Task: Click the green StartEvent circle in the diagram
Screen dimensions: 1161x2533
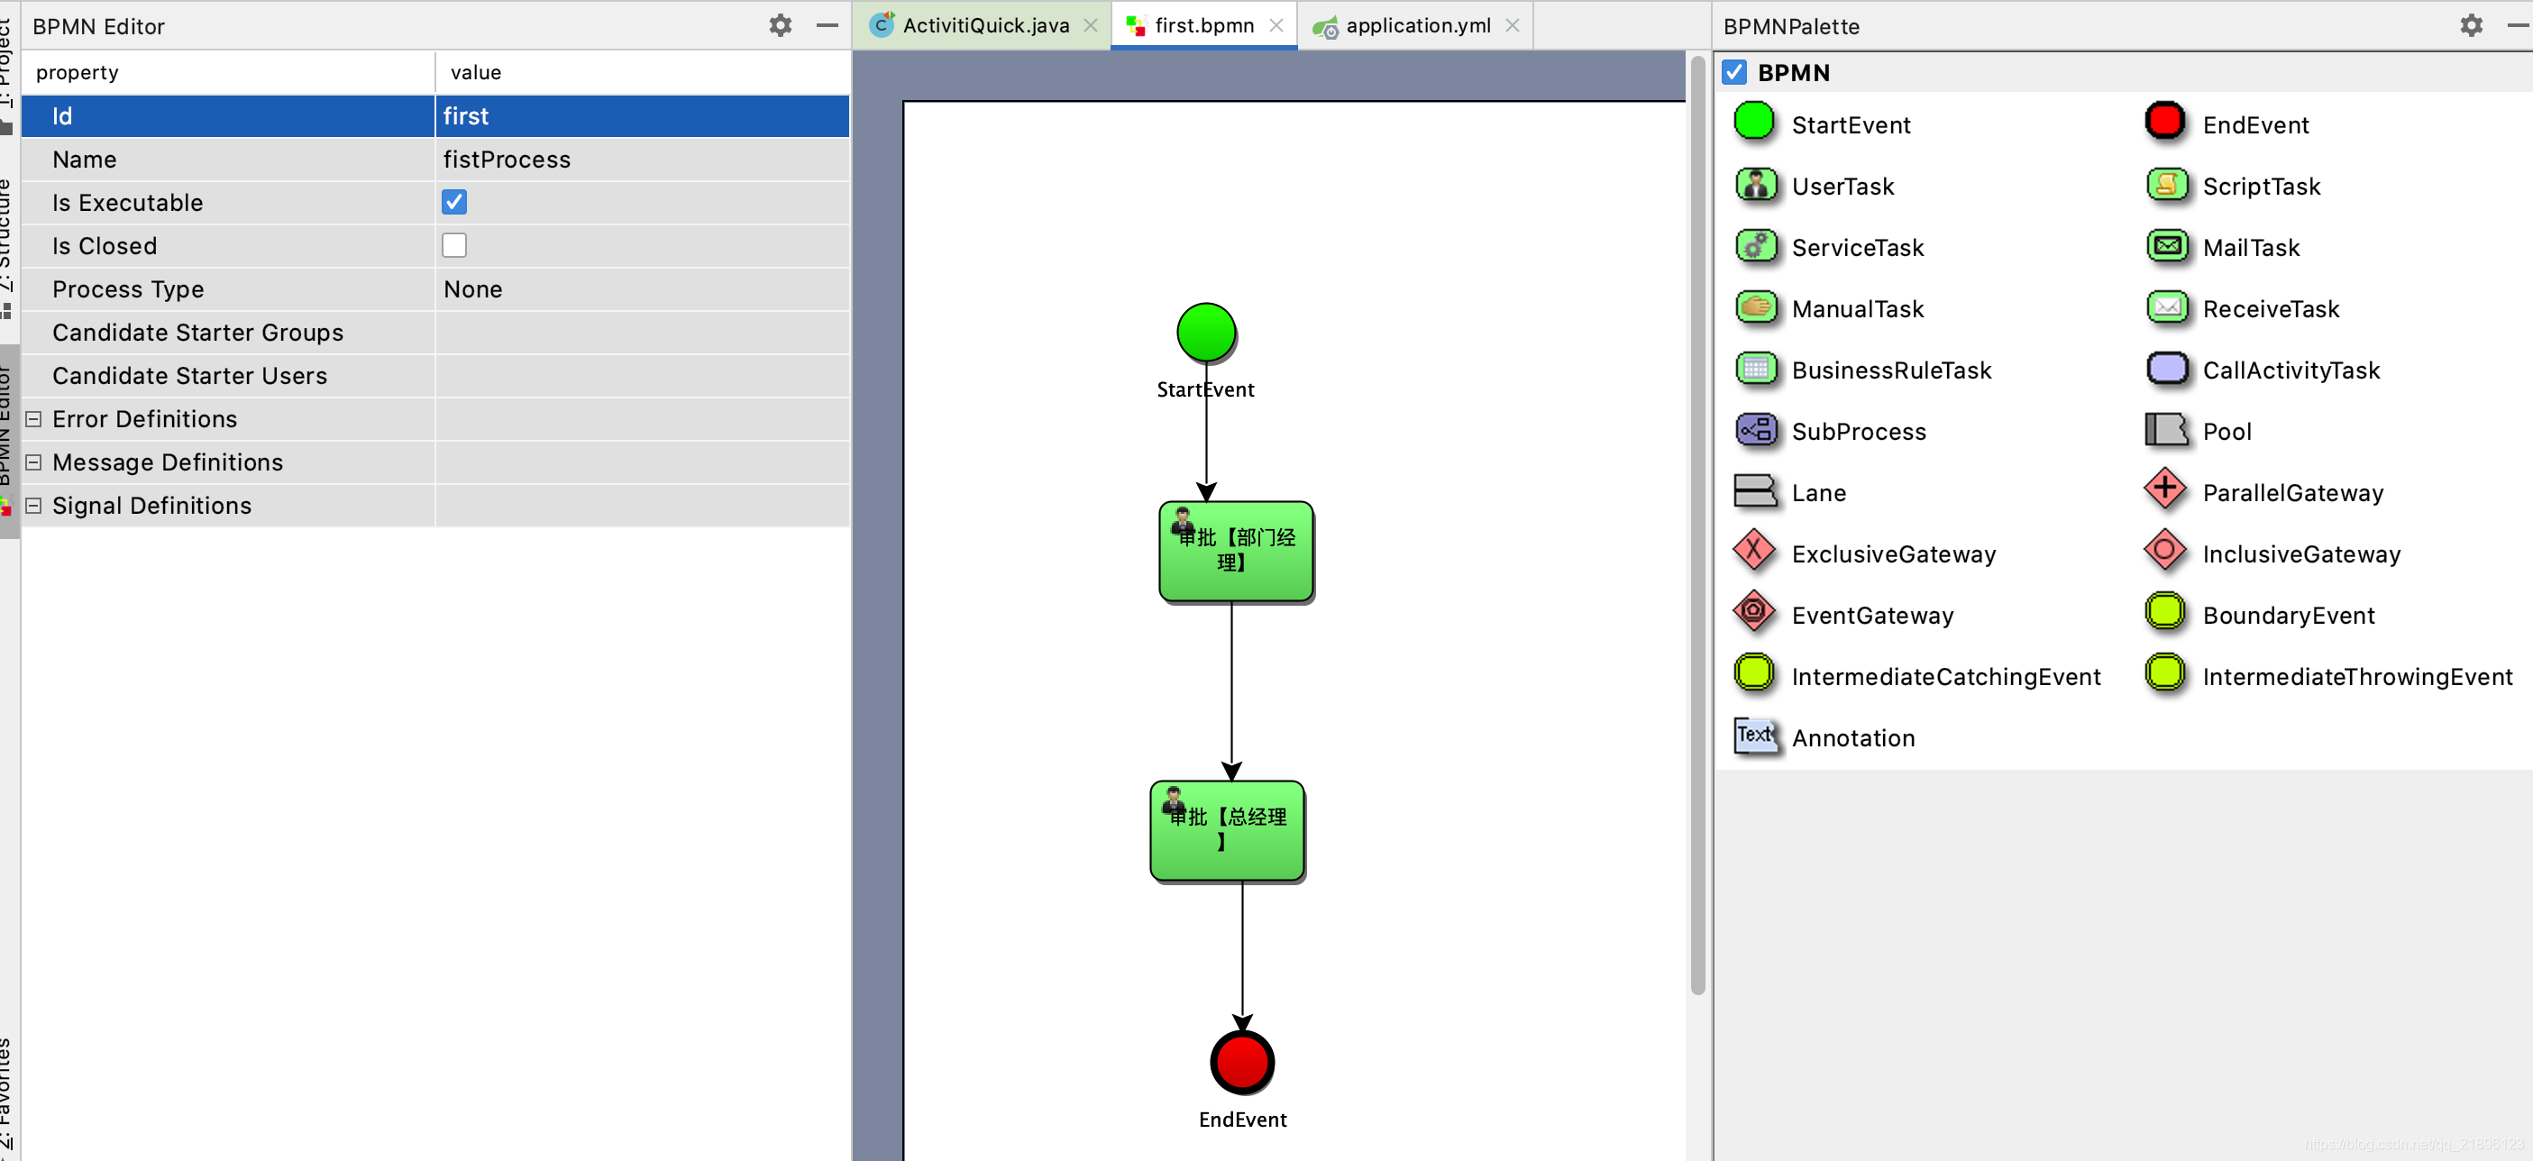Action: [x=1205, y=333]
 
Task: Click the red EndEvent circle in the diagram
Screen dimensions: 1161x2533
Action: [x=1242, y=1062]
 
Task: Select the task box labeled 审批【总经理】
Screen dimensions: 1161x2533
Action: [x=1227, y=832]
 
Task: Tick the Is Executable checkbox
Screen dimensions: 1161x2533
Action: [x=453, y=203]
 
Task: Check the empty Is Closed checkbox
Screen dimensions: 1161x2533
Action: [x=453, y=246]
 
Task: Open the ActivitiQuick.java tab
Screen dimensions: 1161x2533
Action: [x=984, y=25]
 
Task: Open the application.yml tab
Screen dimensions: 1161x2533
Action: [x=1417, y=25]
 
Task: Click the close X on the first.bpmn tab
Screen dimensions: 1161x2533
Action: [x=1276, y=25]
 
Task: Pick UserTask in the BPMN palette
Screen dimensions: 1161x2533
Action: [x=1842, y=186]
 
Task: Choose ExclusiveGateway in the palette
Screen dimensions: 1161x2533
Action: [x=1893, y=553]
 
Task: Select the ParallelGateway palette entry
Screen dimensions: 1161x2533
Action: [x=2291, y=492]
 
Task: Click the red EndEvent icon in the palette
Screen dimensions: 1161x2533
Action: [x=2164, y=122]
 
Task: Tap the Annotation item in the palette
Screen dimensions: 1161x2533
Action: [x=1852, y=737]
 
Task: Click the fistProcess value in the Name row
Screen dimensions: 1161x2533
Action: [x=507, y=160]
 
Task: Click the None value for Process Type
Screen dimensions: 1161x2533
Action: [x=473, y=289]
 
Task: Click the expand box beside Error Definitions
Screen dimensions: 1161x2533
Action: [x=33, y=419]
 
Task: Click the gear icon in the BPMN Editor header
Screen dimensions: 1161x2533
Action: [x=780, y=25]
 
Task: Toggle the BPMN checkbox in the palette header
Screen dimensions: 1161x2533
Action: [x=1734, y=73]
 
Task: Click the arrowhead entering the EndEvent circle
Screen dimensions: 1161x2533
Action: [x=1242, y=1022]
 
